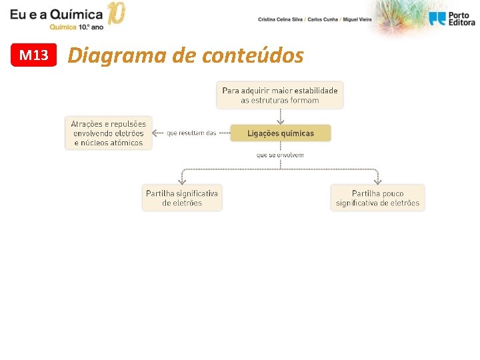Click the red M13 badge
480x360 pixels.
pos(34,55)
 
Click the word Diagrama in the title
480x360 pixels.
pos(117,56)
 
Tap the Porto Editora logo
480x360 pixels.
pos(452,19)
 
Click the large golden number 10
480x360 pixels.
pos(116,13)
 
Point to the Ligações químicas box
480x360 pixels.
pos(280,133)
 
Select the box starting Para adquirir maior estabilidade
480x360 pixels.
pos(280,95)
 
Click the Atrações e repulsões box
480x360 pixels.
pos(109,133)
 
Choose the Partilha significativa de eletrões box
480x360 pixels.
pos(182,198)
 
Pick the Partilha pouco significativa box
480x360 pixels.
pos(377,198)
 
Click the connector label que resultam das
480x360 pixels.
pos(191,133)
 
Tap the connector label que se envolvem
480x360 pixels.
pos(280,155)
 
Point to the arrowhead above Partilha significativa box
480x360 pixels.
pos(182,181)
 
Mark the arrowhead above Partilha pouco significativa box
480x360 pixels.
pos(377,181)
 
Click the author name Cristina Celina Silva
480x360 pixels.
pos(280,19)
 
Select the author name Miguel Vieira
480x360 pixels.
pos(358,19)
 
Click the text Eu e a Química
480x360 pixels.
pos(57,13)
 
